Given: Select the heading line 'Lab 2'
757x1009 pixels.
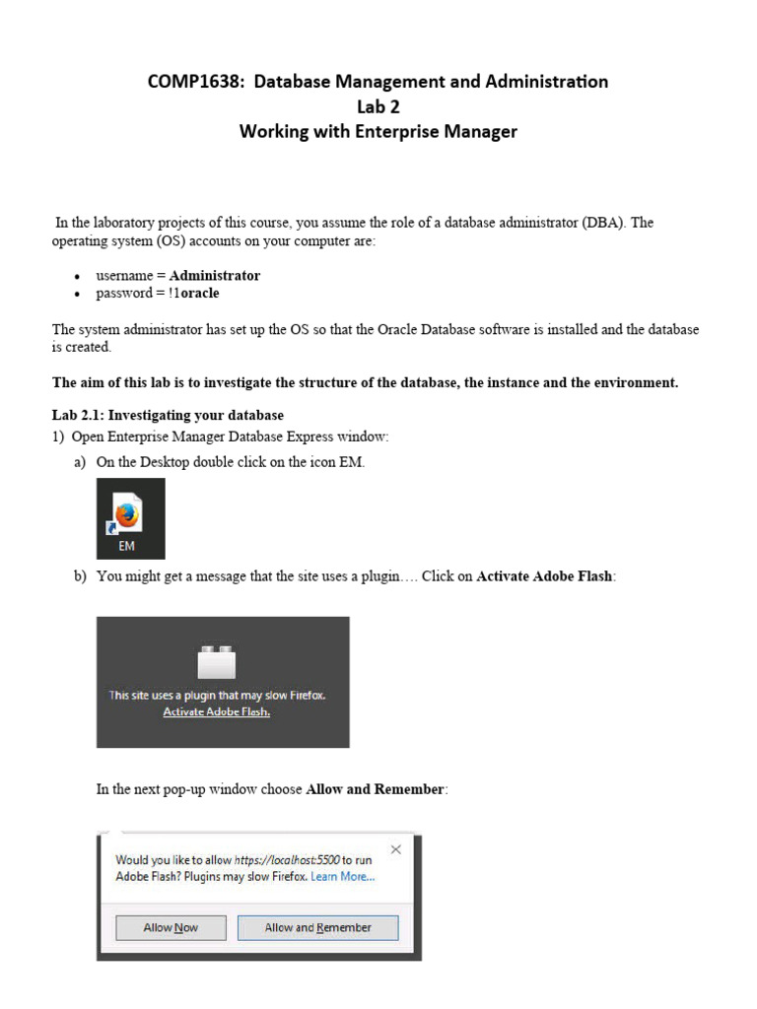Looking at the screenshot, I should tap(378, 106).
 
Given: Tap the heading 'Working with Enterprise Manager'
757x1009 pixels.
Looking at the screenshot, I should tap(378, 131).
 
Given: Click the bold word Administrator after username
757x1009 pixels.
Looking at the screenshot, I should tap(215, 275).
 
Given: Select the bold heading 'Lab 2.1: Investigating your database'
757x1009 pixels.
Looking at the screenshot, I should tap(168, 415).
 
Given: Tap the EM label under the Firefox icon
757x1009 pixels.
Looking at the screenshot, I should tap(127, 546).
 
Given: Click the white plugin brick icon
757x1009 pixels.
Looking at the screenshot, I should tap(217, 661).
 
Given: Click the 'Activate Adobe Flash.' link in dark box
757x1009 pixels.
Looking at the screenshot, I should tap(217, 711).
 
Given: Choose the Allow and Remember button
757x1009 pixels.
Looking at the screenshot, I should tap(317, 927).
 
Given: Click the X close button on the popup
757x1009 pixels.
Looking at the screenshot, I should tap(396, 849).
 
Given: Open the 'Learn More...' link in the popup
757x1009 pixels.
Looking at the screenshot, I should tap(342, 876).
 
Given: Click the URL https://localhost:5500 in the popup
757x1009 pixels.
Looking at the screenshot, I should tap(287, 860).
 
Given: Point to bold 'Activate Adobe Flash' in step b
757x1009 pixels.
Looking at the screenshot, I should tap(545, 576).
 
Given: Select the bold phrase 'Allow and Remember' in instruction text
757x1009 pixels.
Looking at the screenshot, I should tap(376, 789).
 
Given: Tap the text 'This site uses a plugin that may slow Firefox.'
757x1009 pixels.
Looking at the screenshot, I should tap(217, 695).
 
